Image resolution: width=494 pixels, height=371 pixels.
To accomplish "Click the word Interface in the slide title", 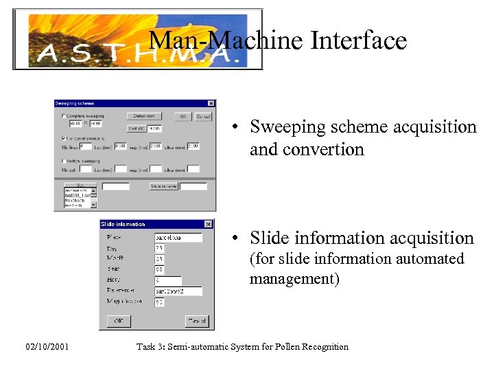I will pyautogui.click(x=359, y=41).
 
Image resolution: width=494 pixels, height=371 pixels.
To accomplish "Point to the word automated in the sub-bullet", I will pyautogui.click(x=429, y=259).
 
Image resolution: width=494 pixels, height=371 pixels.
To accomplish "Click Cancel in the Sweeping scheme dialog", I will pyautogui.click(x=204, y=117).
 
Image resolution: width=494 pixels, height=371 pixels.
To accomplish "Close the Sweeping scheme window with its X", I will pyautogui.click(x=211, y=104).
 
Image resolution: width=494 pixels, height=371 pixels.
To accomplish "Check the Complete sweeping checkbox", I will pyautogui.click(x=64, y=116).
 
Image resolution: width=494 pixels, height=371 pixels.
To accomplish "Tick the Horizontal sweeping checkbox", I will pyautogui.click(x=64, y=138).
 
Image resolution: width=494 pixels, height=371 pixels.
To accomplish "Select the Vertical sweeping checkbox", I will pyautogui.click(x=64, y=160).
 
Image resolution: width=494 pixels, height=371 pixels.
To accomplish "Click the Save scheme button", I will pyautogui.click(x=163, y=186).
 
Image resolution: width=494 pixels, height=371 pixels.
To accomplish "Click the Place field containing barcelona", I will pyautogui.click(x=178, y=238).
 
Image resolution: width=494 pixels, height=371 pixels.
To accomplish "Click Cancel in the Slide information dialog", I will pyautogui.click(x=197, y=322).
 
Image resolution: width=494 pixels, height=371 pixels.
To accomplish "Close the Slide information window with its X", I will pyautogui.click(x=209, y=224).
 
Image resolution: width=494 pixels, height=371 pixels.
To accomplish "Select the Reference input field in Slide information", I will pyautogui.click(x=178, y=291).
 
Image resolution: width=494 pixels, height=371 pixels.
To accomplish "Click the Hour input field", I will pyautogui.click(x=168, y=281).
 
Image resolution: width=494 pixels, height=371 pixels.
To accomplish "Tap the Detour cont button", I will pyautogui.click(x=145, y=116).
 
